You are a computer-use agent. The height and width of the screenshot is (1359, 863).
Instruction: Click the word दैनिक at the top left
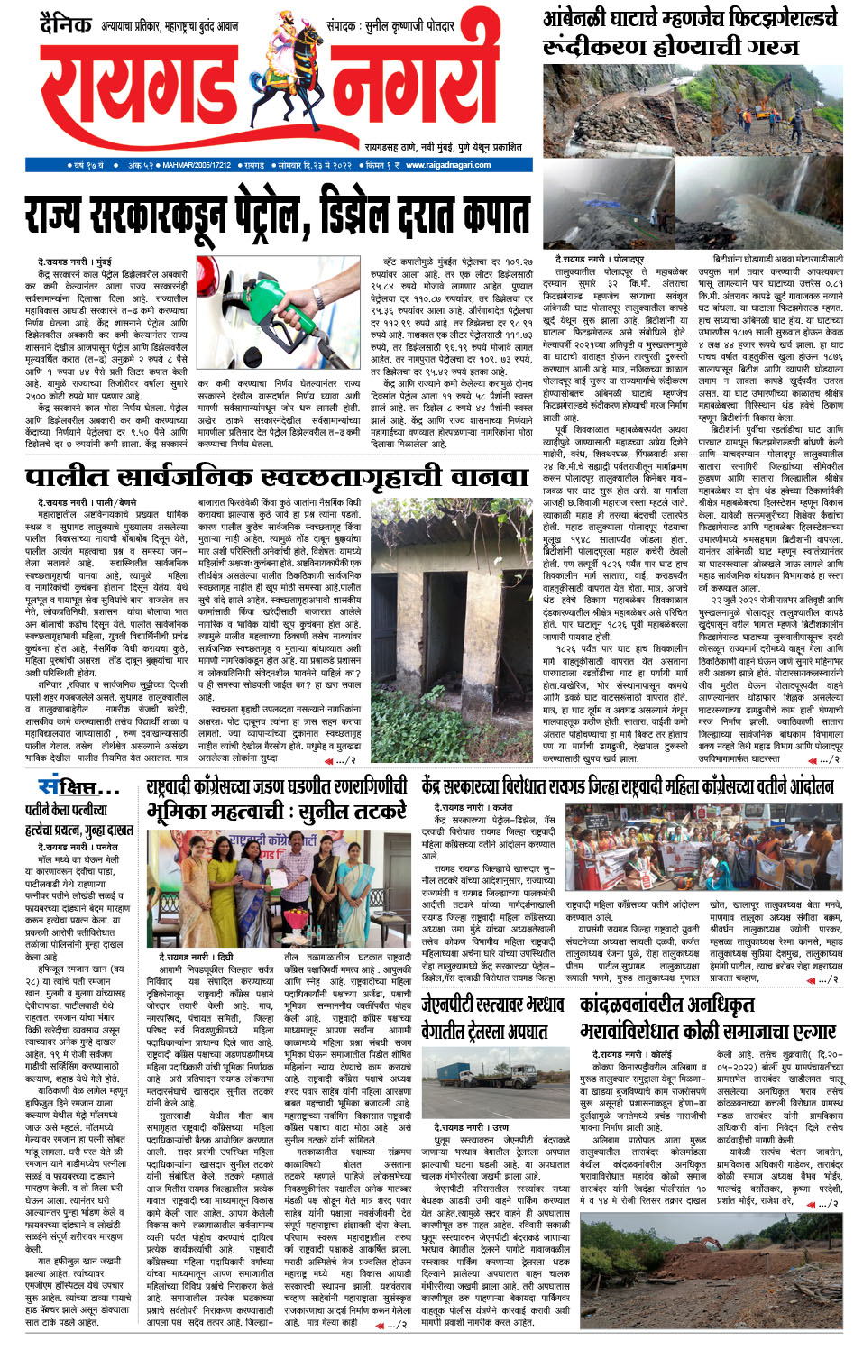pos(66,24)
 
